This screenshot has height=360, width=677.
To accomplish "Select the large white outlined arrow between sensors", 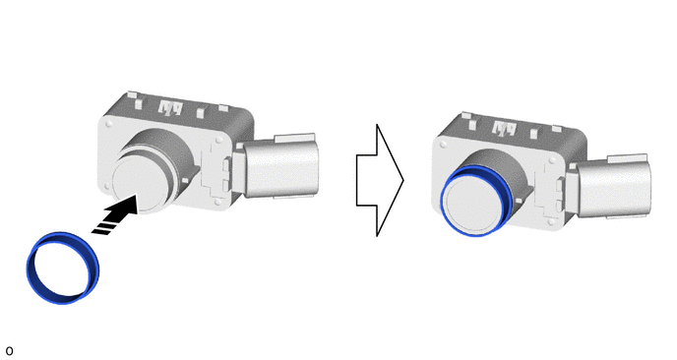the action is [x=380, y=180].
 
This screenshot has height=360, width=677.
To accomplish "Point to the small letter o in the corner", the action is [x=9, y=351].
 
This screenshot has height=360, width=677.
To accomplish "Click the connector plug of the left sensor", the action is [x=280, y=166].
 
